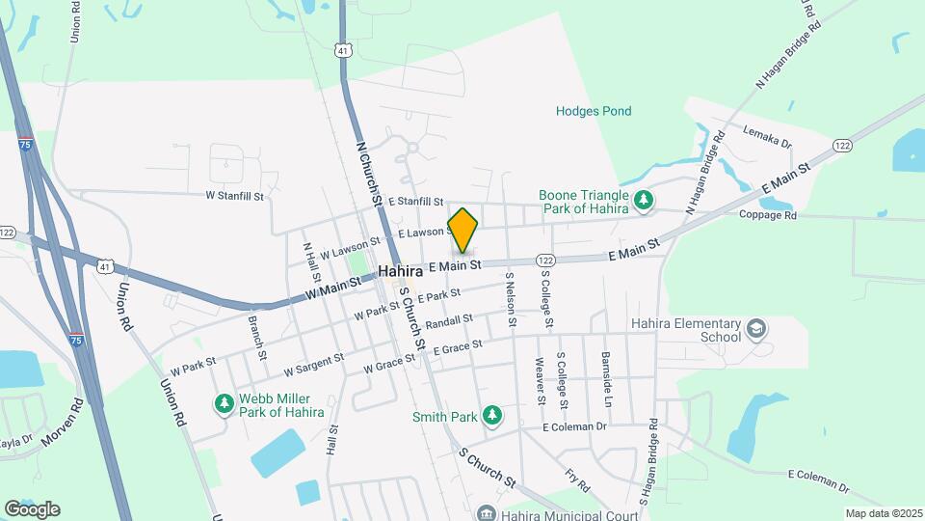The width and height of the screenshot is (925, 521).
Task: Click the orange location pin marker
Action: (x=462, y=229)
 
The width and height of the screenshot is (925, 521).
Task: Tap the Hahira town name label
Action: (x=400, y=271)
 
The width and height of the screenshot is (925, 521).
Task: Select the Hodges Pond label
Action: (x=594, y=111)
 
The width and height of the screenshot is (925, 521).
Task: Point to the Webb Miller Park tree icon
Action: (x=225, y=402)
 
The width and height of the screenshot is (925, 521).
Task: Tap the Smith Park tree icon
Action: (x=492, y=415)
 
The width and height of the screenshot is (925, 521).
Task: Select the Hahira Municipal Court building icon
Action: (x=487, y=512)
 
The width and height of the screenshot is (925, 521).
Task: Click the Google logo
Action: (x=32, y=508)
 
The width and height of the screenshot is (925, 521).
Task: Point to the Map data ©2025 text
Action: (x=883, y=513)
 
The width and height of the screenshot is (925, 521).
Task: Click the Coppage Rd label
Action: (x=768, y=216)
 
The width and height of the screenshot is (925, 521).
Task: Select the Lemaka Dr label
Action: (x=766, y=136)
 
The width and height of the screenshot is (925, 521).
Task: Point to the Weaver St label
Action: (x=541, y=380)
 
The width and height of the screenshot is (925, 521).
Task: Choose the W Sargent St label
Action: (x=313, y=366)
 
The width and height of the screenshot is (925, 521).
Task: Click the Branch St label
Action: (x=257, y=337)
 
